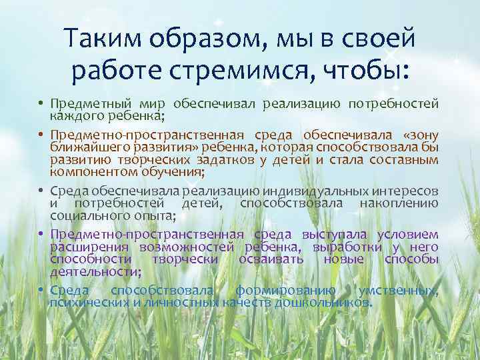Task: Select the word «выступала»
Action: [x=333, y=234]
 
